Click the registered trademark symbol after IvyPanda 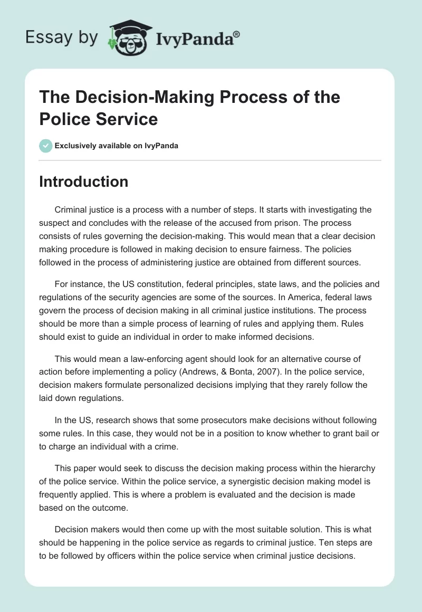point(237,34)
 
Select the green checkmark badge point(46,146)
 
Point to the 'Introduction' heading point(84,182)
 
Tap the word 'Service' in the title point(128,119)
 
